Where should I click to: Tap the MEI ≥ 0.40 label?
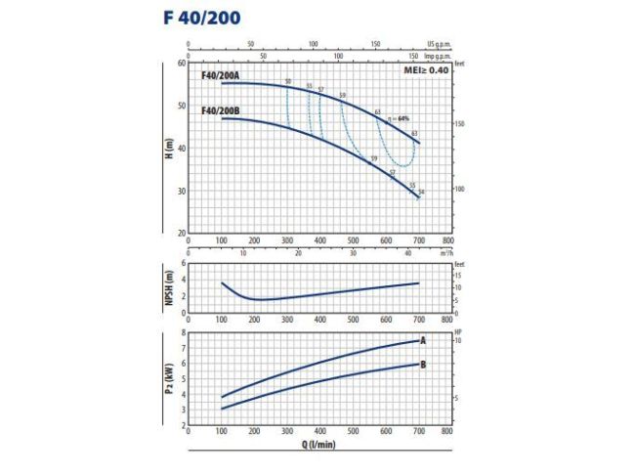(x=426, y=71)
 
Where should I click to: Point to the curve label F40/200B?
(x=219, y=110)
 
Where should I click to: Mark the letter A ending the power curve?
(x=423, y=341)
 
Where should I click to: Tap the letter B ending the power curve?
(x=423, y=365)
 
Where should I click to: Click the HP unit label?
(x=458, y=333)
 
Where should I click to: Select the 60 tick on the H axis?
(x=181, y=63)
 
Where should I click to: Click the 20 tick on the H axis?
(x=181, y=233)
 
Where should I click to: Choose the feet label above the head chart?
(x=460, y=63)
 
